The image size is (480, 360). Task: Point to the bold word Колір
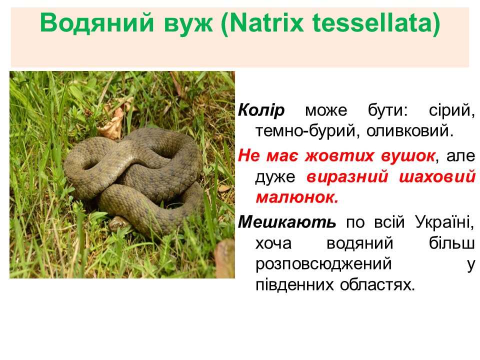261,110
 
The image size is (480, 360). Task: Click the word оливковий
409,131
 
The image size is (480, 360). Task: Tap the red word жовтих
339,155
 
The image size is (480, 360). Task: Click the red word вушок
408,156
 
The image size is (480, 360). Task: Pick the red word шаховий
437,177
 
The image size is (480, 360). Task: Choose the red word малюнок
297,197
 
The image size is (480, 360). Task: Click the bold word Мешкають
287,221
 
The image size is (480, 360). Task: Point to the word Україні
444,221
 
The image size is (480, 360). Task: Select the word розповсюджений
323,264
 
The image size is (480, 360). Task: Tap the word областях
377,285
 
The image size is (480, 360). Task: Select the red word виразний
347,177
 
